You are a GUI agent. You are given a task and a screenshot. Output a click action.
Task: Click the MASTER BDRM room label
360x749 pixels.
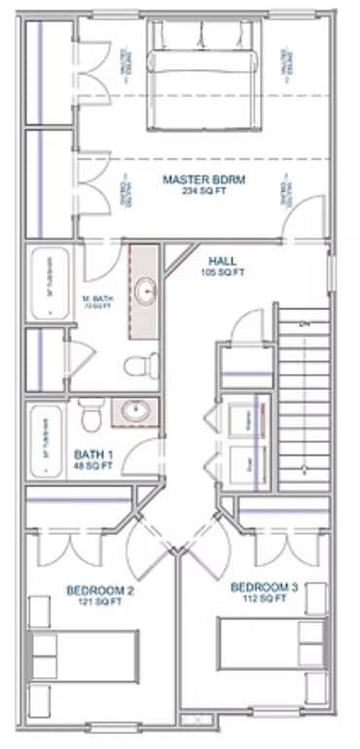[x=202, y=179]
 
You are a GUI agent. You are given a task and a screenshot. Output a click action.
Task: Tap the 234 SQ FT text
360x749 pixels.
[x=202, y=191]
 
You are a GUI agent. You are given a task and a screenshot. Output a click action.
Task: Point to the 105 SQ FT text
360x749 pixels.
[x=222, y=272]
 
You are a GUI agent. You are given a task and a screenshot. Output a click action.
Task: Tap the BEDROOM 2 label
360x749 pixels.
[x=100, y=590]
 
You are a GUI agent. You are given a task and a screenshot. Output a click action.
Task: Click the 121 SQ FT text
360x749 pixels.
[x=100, y=602]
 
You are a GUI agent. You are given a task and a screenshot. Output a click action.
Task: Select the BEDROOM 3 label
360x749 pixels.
[x=265, y=588]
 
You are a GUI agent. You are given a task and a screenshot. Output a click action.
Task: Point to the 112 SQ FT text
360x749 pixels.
[x=265, y=599]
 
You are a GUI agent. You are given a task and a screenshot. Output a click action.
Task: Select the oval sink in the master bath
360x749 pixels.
[x=145, y=290]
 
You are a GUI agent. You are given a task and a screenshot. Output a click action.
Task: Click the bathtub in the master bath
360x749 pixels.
[x=47, y=284]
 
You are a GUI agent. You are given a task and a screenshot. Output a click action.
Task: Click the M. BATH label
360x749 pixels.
[x=94, y=300]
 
